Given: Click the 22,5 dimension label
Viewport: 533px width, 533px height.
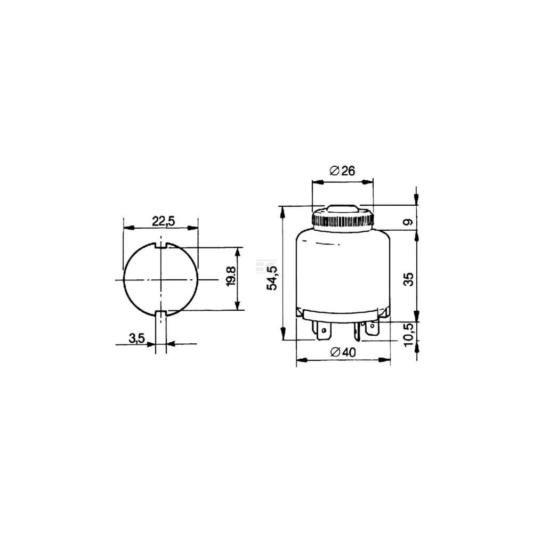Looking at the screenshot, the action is point(163,221).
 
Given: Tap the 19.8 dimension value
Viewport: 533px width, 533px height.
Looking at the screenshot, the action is point(231,276).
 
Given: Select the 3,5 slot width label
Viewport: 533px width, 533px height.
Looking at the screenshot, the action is point(137,338).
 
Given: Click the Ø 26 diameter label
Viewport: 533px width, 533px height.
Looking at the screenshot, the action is point(342,171).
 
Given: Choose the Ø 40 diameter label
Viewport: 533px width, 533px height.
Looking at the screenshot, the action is point(343,352).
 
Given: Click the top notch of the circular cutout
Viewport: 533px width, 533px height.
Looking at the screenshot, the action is point(161,246).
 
